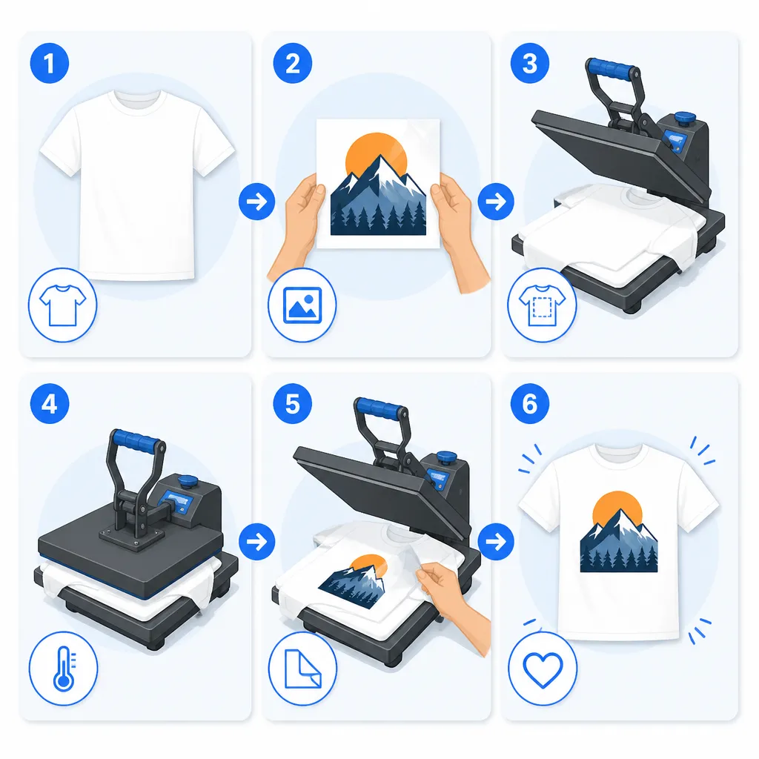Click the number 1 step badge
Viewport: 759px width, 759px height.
pyautogui.click(x=50, y=64)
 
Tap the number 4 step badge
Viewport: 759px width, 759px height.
pyautogui.click(x=50, y=404)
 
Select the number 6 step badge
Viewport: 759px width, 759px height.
pyautogui.click(x=529, y=404)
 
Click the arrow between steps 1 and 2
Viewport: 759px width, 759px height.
pyautogui.click(x=257, y=202)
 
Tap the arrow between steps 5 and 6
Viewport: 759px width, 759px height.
pyautogui.click(x=496, y=542)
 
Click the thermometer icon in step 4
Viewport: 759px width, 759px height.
pyautogui.click(x=64, y=669)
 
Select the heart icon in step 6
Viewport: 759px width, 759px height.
pyautogui.click(x=543, y=670)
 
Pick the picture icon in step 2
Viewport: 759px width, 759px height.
pyautogui.click(x=302, y=305)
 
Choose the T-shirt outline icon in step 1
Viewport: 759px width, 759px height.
pyautogui.click(x=62, y=305)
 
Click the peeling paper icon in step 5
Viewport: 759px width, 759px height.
pyautogui.click(x=303, y=669)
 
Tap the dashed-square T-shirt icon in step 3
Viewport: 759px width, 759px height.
pyautogui.click(x=542, y=305)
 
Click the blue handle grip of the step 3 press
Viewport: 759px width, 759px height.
pyautogui.click(x=612, y=69)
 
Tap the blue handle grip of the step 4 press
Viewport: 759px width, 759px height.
pyautogui.click(x=136, y=440)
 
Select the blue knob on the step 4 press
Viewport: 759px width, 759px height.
pyautogui.click(x=188, y=482)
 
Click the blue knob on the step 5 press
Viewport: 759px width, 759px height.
pyautogui.click(x=446, y=457)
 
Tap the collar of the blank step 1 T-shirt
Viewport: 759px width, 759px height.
pyautogui.click(x=137, y=99)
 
